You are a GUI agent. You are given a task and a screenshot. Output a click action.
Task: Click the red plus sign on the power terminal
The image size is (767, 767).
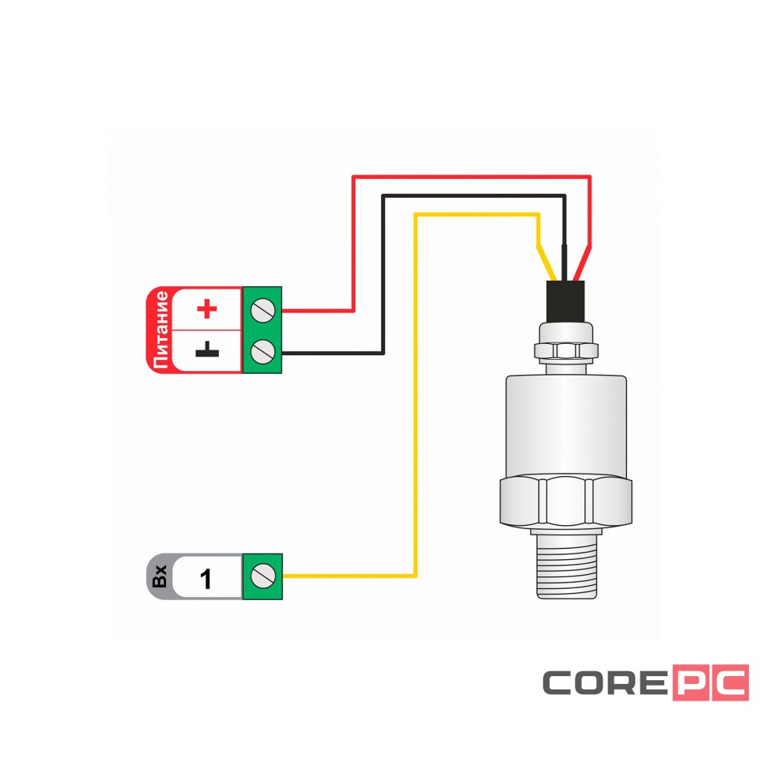click(206, 308)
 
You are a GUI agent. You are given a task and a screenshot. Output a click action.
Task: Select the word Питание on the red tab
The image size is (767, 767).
click(161, 330)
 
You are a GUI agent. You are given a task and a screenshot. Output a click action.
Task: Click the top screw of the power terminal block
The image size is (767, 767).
click(262, 310)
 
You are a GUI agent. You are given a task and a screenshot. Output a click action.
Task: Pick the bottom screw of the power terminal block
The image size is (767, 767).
click(262, 350)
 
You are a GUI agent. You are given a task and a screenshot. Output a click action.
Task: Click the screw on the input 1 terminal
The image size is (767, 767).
click(262, 576)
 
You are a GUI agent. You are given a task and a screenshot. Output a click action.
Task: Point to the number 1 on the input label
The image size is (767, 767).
click(206, 580)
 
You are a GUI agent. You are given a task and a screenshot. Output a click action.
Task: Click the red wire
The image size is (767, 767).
click(353, 237)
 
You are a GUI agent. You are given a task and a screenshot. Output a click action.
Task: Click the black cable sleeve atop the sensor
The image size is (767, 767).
click(565, 300)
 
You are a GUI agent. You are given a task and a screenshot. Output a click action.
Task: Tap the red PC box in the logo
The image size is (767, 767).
click(710, 682)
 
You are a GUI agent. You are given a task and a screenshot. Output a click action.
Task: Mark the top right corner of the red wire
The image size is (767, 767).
click(589, 177)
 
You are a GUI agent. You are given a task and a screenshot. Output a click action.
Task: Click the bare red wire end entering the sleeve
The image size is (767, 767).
click(582, 265)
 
